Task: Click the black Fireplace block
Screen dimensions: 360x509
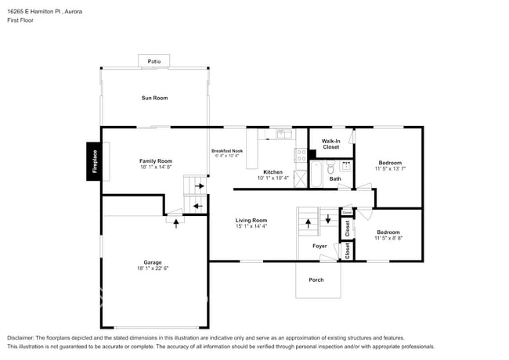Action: pyautogui.click(x=94, y=161)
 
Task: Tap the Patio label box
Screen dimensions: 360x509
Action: pyautogui.click(x=153, y=60)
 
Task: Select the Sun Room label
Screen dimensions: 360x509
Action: pyautogui.click(x=154, y=98)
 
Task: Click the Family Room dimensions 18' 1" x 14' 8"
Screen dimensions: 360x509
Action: pyautogui.click(x=156, y=167)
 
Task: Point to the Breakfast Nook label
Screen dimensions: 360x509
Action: pyautogui.click(x=227, y=150)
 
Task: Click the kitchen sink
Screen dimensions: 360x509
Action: pyautogui.click(x=283, y=135)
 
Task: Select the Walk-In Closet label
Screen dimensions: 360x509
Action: pyautogui.click(x=330, y=143)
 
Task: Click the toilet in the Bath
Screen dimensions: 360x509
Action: pyautogui.click(x=330, y=167)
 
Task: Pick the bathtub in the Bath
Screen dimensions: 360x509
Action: pyautogui.click(x=316, y=175)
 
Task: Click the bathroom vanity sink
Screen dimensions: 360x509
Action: pyautogui.click(x=346, y=166)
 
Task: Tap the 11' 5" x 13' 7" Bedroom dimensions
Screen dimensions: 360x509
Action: pyautogui.click(x=390, y=168)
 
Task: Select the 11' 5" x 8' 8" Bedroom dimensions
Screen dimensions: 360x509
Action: pyautogui.click(x=388, y=238)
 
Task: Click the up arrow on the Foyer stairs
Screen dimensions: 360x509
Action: pyautogui.click(x=308, y=221)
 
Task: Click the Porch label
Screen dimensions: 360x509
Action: pyautogui.click(x=316, y=279)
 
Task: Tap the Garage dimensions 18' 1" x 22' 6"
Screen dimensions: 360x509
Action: pyautogui.click(x=153, y=268)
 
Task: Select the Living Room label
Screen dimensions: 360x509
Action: pyautogui.click(x=251, y=220)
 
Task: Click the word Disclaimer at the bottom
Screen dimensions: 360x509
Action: pyautogui.click(x=21, y=337)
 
